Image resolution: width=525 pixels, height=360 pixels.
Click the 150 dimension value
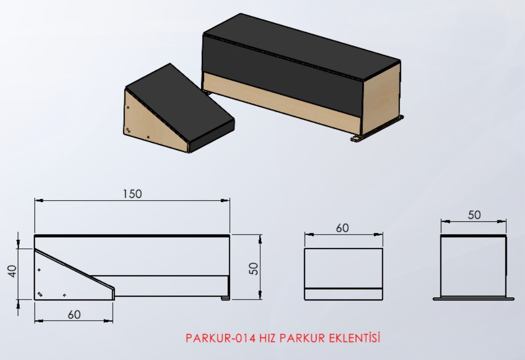132,194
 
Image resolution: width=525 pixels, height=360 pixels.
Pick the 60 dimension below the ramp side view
74,315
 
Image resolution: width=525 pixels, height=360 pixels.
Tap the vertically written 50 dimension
253,268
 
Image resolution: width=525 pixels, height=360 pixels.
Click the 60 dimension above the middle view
342,228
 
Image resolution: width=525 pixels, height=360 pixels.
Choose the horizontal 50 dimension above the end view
474,215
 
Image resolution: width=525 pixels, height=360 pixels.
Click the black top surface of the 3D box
300,47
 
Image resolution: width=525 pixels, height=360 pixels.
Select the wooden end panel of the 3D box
380,98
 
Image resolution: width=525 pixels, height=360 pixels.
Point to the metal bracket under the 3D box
379,129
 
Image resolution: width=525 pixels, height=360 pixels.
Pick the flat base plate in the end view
473,299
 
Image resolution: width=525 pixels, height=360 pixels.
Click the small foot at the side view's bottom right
225,298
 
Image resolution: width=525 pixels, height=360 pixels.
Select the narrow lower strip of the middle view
343,294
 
